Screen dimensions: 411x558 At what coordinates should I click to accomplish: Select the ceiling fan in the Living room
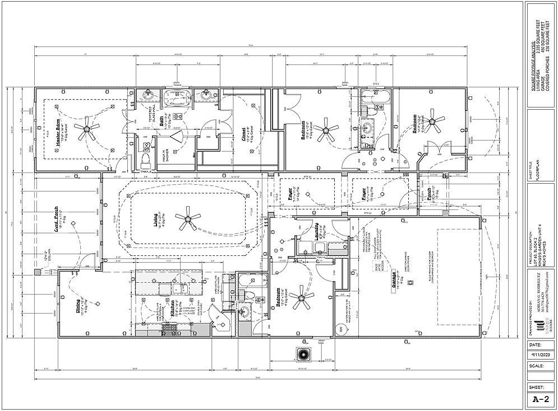[188, 219]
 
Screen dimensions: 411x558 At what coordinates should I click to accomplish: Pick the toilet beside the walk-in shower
[147, 147]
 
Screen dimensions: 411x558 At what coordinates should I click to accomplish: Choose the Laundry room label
[317, 233]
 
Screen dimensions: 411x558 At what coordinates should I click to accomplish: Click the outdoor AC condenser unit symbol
[303, 354]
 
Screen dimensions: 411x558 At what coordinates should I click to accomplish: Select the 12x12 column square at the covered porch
[38, 272]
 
